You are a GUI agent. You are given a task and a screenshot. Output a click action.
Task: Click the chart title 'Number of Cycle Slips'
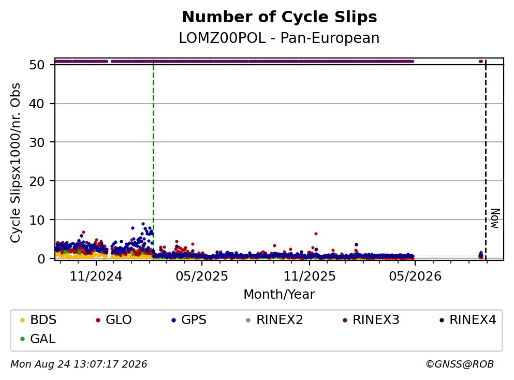pos(280,17)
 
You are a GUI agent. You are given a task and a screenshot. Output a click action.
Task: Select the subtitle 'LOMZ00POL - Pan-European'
pos(280,38)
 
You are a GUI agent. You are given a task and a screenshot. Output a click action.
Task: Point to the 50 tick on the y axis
pos(37,65)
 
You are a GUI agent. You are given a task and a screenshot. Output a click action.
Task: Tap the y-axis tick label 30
pos(37,142)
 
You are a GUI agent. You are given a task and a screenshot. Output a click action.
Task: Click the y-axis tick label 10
pos(37,220)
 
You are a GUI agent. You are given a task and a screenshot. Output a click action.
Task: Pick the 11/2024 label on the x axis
pos(96,276)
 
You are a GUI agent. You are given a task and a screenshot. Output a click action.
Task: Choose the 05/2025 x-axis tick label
pos(201,276)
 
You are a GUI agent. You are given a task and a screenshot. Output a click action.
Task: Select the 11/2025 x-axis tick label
pos(310,276)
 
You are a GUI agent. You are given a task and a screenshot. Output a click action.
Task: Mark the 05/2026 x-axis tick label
pos(415,276)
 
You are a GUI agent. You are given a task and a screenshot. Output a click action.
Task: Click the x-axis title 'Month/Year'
pos(280,295)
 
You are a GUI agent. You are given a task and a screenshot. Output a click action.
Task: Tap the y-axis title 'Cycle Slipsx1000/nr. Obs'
pos(16,163)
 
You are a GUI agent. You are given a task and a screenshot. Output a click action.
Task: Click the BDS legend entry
pos(38,319)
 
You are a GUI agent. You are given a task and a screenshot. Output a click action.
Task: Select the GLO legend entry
pos(113,319)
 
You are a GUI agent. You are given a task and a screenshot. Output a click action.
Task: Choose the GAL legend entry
pos(38,339)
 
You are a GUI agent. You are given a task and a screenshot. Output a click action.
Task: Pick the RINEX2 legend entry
pos(274,319)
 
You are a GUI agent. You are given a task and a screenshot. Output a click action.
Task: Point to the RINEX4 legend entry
pos(468,319)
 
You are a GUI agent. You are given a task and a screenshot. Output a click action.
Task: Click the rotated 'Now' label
pos(495,218)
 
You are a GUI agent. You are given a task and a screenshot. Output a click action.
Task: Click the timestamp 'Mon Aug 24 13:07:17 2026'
pos(79,364)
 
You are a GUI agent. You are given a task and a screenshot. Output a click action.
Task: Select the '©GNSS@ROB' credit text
pos(460,364)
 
